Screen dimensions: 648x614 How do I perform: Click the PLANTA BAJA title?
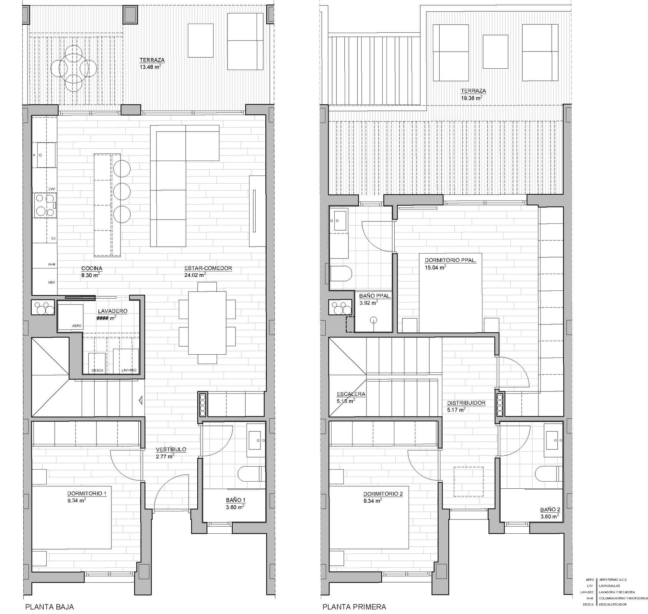[x=50, y=607]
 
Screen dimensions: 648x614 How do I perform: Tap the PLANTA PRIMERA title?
[x=354, y=607]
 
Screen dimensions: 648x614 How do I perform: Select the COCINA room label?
[x=92, y=269]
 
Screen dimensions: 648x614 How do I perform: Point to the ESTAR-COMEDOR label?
[x=208, y=268]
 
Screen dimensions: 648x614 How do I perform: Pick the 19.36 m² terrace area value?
[x=471, y=98]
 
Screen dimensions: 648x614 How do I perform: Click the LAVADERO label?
[x=112, y=311]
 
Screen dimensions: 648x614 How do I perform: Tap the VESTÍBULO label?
[x=171, y=449]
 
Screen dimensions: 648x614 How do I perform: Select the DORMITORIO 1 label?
[x=87, y=493]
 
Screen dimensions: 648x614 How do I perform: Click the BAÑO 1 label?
[x=236, y=500]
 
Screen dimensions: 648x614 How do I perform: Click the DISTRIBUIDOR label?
[x=466, y=403]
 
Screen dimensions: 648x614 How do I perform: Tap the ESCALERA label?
[x=351, y=394]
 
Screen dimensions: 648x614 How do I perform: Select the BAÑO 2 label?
[x=550, y=510]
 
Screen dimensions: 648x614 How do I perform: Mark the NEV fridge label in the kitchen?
[x=52, y=282]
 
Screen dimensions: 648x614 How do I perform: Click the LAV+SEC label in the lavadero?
[x=129, y=370]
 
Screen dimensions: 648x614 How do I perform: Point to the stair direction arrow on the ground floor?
[x=141, y=400]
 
